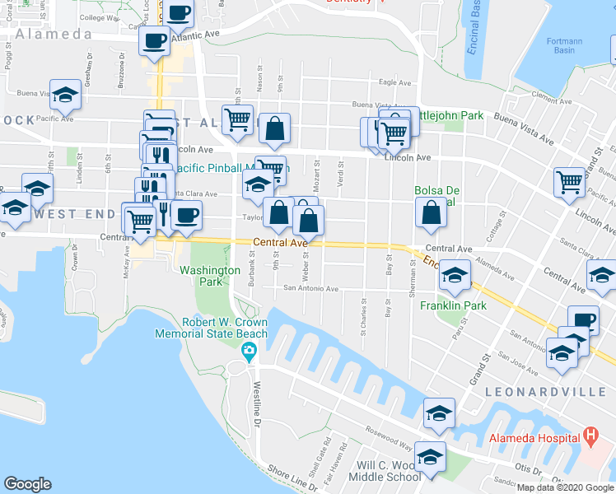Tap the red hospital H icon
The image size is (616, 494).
pos(590,434)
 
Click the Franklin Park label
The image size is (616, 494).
pos(453,305)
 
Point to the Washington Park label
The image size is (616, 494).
pos(211,276)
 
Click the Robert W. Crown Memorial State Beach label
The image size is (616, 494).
pos(213,328)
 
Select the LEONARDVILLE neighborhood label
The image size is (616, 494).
pos(561,389)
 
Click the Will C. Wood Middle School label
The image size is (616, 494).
pos(389,470)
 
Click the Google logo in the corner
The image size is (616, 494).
pos(28,484)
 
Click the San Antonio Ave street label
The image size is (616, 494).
pos(311,289)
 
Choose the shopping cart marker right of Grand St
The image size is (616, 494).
pos(569,181)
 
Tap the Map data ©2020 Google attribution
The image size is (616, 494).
pos(565,487)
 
